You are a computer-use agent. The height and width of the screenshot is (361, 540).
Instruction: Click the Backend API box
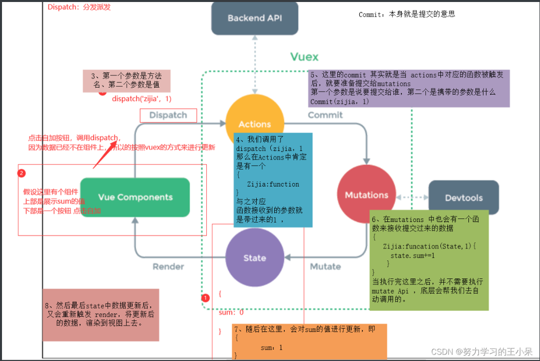coord(255,18)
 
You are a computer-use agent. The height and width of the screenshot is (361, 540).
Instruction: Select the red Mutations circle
coord(366,195)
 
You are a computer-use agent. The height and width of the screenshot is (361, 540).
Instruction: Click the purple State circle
coord(255,258)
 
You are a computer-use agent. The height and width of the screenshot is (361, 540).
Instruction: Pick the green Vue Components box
coord(135,197)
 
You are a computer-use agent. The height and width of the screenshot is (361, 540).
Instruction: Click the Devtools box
coord(463,197)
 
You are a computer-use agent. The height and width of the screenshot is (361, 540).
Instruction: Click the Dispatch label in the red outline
coord(168,115)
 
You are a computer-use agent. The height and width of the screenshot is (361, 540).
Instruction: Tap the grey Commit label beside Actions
coord(325,115)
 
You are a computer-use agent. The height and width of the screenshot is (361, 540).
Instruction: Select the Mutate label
coord(325,266)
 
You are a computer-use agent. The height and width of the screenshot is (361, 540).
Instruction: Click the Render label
coord(168,266)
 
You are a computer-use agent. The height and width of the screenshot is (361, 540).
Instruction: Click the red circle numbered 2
coord(21,173)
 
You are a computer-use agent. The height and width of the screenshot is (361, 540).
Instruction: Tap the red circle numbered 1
coord(205,297)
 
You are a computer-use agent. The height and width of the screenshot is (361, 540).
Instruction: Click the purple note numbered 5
coord(409,88)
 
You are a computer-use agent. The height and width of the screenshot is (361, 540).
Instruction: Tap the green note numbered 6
coord(428,260)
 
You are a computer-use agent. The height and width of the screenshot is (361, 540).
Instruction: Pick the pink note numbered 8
coord(101,314)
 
